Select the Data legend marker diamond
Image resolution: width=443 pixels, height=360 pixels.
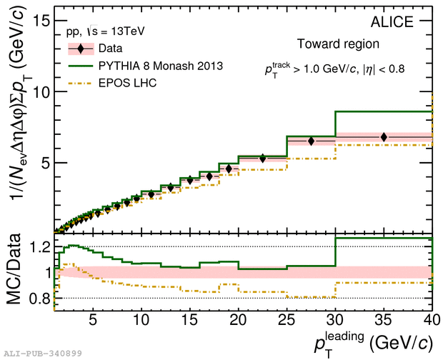click(x=83, y=49)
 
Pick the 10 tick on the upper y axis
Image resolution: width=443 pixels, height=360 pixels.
click(x=39, y=92)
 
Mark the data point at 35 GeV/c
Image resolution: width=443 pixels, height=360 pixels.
click(x=384, y=137)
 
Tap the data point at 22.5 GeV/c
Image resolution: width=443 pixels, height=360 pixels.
click(x=263, y=158)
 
